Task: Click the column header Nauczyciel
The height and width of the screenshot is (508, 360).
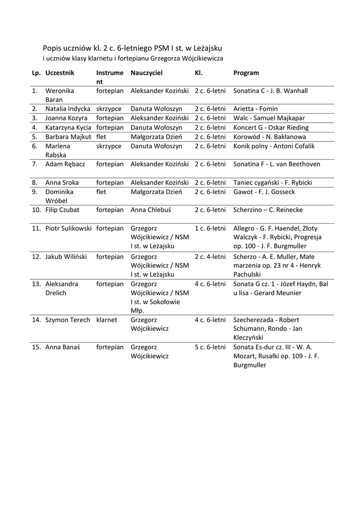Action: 146,73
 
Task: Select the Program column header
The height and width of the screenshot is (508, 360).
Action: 246,73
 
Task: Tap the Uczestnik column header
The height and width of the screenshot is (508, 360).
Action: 60,73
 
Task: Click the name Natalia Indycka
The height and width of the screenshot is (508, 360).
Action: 68,109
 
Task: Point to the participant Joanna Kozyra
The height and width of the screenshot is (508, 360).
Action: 66,118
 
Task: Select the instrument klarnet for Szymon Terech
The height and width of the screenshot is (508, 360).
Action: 107,320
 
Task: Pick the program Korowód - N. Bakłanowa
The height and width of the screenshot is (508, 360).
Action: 270,137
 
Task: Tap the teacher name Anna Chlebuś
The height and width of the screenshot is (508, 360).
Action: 150,210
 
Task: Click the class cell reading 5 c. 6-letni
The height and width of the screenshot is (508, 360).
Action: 210,347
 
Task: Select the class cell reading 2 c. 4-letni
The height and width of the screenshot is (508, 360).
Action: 210,257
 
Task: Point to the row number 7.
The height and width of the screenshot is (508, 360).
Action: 35,164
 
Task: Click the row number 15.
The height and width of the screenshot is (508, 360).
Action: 36,347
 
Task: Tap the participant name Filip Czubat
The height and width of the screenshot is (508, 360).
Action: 62,210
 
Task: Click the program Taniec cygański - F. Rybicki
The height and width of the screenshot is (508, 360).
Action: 273,183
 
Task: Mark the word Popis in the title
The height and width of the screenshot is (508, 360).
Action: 53,49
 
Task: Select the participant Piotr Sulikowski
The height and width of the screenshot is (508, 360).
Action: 69,229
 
